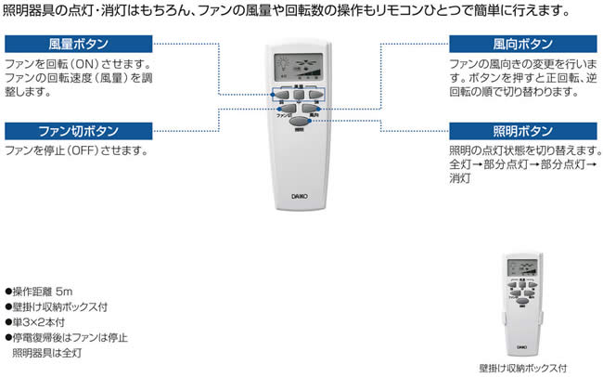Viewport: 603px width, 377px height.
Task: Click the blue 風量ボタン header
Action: [78, 44]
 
